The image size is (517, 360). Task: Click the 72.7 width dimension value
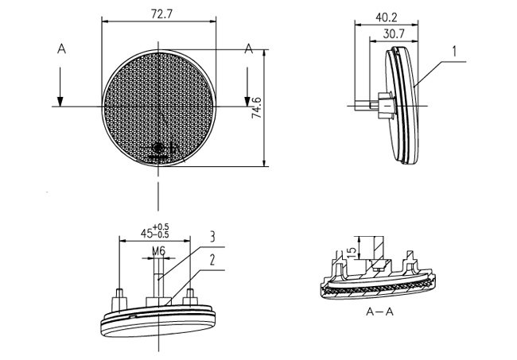click(161, 14)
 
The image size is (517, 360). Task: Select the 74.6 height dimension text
click(257, 107)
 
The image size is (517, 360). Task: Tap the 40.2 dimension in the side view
click(387, 17)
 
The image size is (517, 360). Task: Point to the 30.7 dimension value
click(394, 33)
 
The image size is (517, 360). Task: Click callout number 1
click(454, 52)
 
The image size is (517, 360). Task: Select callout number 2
click(212, 260)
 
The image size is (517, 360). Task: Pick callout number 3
click(212, 237)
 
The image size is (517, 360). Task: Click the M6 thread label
click(158, 251)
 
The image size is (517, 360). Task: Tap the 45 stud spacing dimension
click(146, 233)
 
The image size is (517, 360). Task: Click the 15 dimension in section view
click(352, 253)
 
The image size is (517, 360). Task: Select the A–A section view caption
click(380, 312)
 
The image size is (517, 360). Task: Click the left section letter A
click(62, 49)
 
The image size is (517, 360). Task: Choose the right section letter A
click(249, 49)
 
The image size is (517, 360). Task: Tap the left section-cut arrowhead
click(60, 102)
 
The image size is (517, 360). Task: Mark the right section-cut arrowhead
click(247, 102)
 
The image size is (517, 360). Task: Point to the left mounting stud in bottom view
click(119, 300)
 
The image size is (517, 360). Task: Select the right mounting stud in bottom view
click(191, 298)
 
